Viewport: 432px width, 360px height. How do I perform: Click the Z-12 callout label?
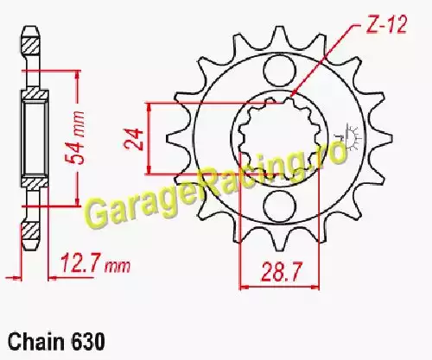click(x=386, y=25)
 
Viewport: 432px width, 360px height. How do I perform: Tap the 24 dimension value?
click(x=134, y=139)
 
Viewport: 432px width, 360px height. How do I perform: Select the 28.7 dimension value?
click(x=281, y=272)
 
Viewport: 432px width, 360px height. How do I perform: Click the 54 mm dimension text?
click(x=75, y=137)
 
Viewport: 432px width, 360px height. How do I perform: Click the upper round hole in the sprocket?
click(x=280, y=71)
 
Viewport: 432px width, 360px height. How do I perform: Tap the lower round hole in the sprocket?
click(x=280, y=205)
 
